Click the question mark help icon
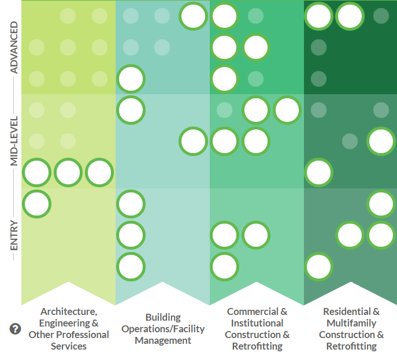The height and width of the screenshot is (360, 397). pyautogui.click(x=16, y=329)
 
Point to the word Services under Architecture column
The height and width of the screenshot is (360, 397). pyautogui.click(x=69, y=346)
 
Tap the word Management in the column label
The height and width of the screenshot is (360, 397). pyautogui.click(x=163, y=340)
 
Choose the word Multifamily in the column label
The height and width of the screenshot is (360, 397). pyautogui.click(x=351, y=323)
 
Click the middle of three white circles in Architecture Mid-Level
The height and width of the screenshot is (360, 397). pyautogui.click(x=68, y=172)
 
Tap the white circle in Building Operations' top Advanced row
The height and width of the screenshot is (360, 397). pyautogui.click(x=194, y=16)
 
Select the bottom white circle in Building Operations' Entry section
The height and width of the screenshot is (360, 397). pyautogui.click(x=131, y=266)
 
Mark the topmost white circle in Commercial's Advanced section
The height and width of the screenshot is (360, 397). pyautogui.click(x=225, y=16)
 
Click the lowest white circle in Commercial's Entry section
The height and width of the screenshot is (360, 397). pyautogui.click(x=225, y=266)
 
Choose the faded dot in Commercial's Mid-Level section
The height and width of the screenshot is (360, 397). pyautogui.click(x=225, y=109)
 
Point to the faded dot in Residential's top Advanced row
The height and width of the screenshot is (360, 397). pyautogui.click(x=381, y=16)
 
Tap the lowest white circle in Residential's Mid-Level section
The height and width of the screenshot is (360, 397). pyautogui.click(x=318, y=172)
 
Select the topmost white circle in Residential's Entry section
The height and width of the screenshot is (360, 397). pyautogui.click(x=381, y=203)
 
